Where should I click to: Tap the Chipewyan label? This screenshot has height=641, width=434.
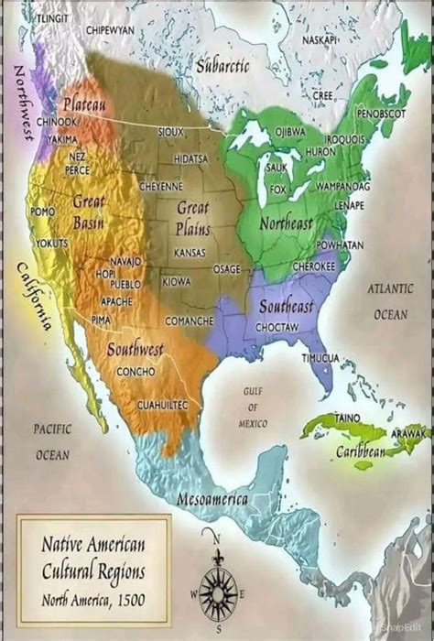111,30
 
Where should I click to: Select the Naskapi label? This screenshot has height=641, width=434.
320,41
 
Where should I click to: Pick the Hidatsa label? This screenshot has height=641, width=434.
190,158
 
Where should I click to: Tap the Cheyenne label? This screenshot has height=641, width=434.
161,185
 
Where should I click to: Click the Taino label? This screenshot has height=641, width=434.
347,417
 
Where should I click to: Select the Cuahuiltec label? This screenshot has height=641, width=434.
162,404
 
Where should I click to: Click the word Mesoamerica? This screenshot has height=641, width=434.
213,500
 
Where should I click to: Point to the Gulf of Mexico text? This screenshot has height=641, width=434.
253,407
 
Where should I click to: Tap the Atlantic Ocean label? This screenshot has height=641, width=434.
389,300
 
